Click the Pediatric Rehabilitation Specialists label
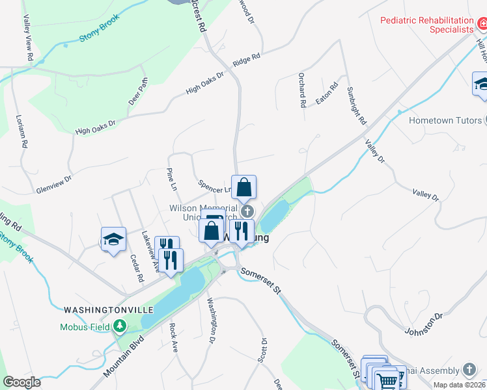click(427, 25)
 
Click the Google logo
click(21, 382)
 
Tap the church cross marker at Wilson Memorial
click(247, 211)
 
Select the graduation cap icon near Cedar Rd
click(113, 239)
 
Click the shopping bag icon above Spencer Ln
click(244, 187)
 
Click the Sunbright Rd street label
click(357, 106)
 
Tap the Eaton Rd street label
click(327, 94)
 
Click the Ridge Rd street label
click(246, 60)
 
